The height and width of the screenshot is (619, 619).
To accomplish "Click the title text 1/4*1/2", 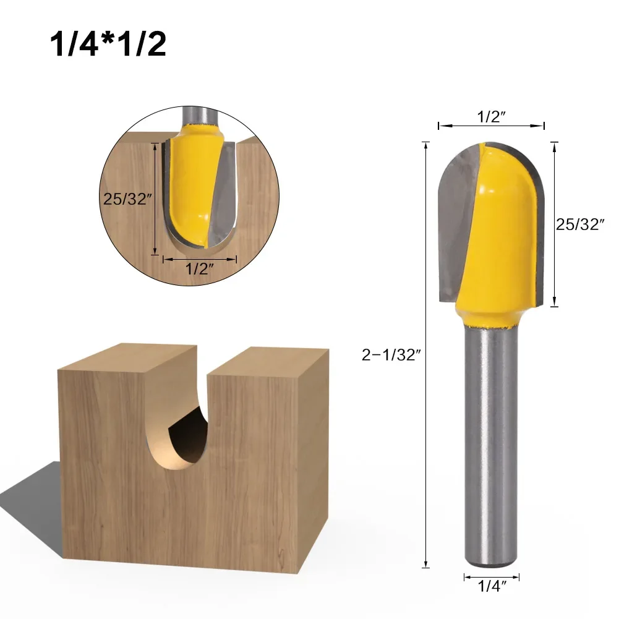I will point(108,45).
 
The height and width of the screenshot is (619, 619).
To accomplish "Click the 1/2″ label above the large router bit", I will point(491,115).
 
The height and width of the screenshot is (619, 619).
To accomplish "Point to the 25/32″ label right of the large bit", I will point(579,224).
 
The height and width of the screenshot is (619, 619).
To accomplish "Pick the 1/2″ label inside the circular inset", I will point(200,270).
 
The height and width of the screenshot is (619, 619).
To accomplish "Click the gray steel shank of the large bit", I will point(491,433).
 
